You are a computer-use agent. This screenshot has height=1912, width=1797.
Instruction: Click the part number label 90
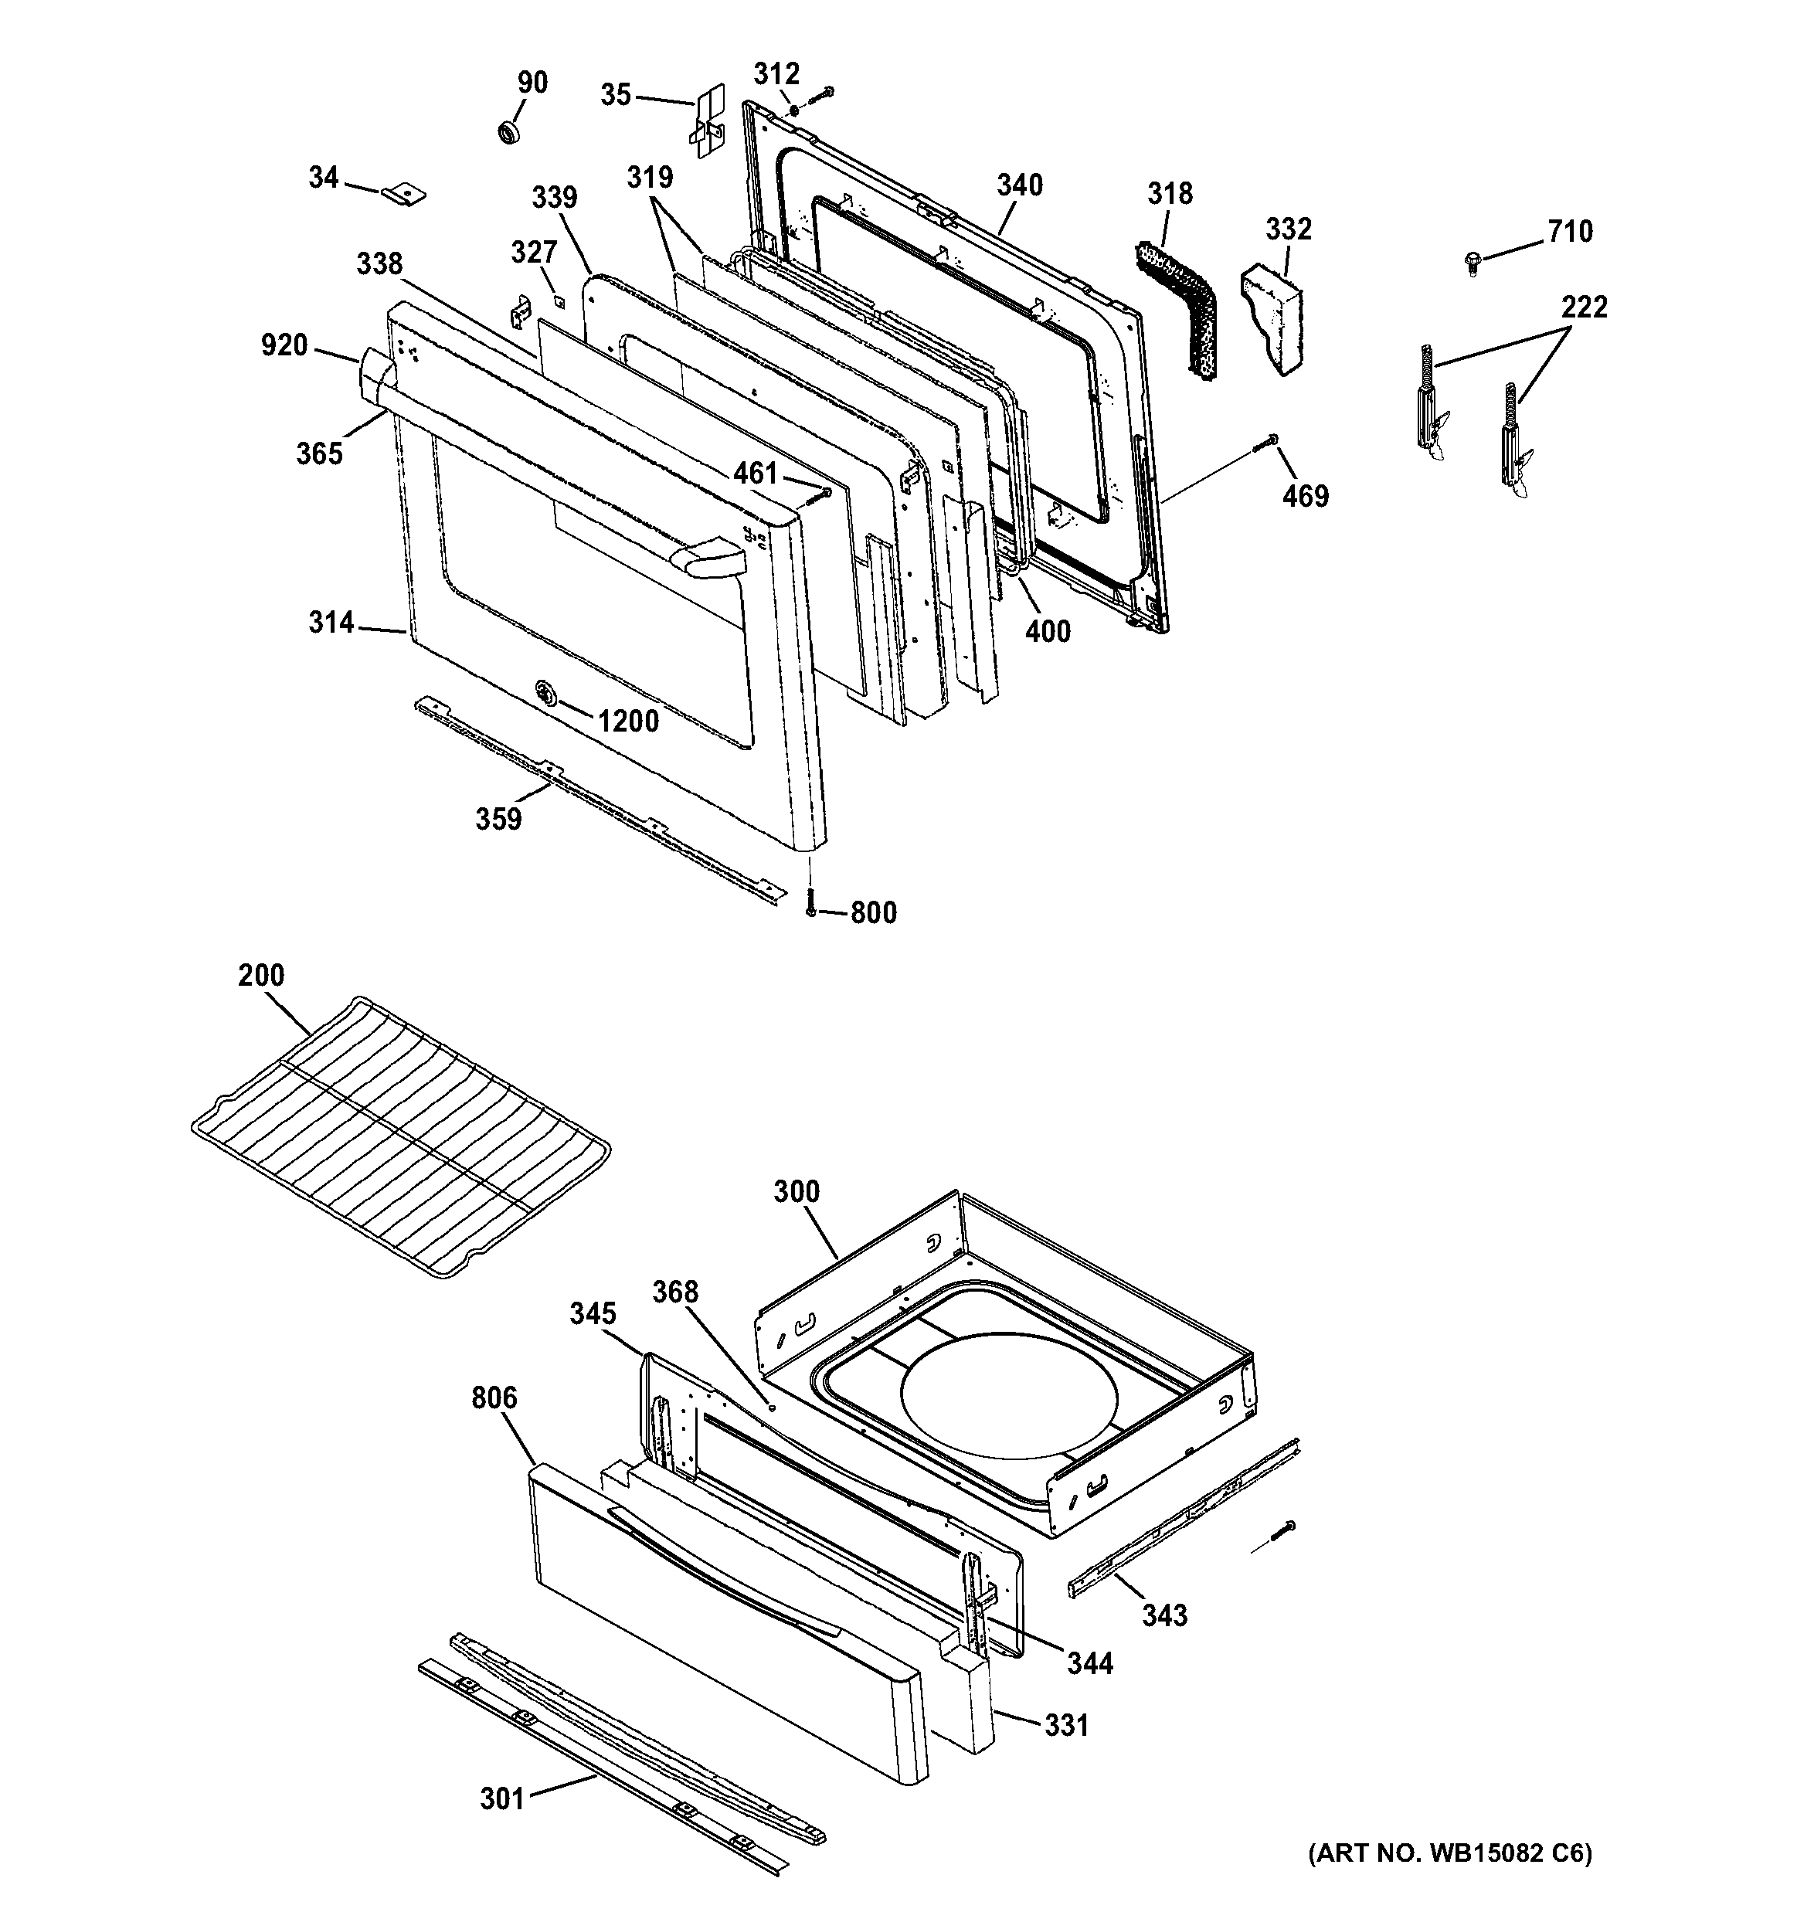pyautogui.click(x=532, y=83)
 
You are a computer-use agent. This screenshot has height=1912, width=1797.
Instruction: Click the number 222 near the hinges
pyautogui.click(x=1584, y=307)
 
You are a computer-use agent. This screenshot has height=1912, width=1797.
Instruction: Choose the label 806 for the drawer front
pyautogui.click(x=494, y=1397)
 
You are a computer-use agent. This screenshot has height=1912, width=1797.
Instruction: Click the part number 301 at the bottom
pyautogui.click(x=502, y=1798)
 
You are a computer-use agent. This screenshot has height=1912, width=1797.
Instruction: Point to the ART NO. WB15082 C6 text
pyautogui.click(x=1449, y=1853)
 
